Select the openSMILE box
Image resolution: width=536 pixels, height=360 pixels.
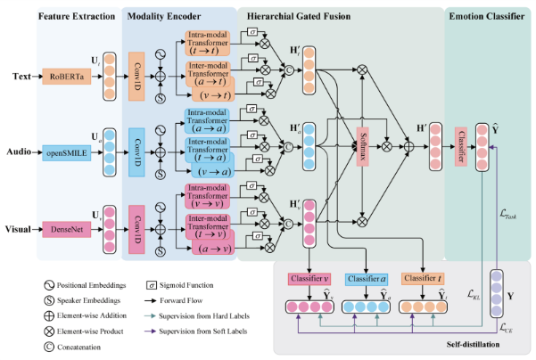65,152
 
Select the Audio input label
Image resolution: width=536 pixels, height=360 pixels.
19,152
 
